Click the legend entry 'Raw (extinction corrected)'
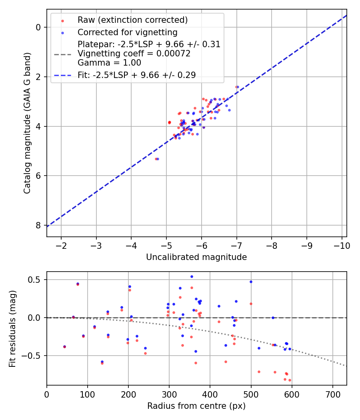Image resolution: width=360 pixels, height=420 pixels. pos(132,20)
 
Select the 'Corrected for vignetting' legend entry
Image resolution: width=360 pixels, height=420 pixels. pos(127,32)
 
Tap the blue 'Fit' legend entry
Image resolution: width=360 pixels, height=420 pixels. pos(136,75)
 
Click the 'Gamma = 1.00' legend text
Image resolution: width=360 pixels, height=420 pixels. pos(109,62)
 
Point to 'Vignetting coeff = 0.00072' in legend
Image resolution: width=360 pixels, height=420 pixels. pos(134,53)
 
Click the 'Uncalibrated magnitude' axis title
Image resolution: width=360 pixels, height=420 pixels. pos(196,257)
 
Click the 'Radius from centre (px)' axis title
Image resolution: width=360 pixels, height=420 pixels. pos(196,406)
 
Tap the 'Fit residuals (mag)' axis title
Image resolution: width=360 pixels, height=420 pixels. pos(13,328)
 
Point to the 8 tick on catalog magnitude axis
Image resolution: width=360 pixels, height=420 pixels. pos(38,225)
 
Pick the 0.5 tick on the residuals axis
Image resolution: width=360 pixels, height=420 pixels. pos(35,280)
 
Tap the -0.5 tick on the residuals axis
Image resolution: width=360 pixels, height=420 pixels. pos(32,356)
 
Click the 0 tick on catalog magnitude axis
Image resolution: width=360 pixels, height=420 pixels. pos(38,27)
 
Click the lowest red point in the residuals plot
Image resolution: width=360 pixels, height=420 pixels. pos(290,380)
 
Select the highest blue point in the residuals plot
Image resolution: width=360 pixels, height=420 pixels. pos(192,276)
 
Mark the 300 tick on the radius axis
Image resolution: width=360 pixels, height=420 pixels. pos(169,394)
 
